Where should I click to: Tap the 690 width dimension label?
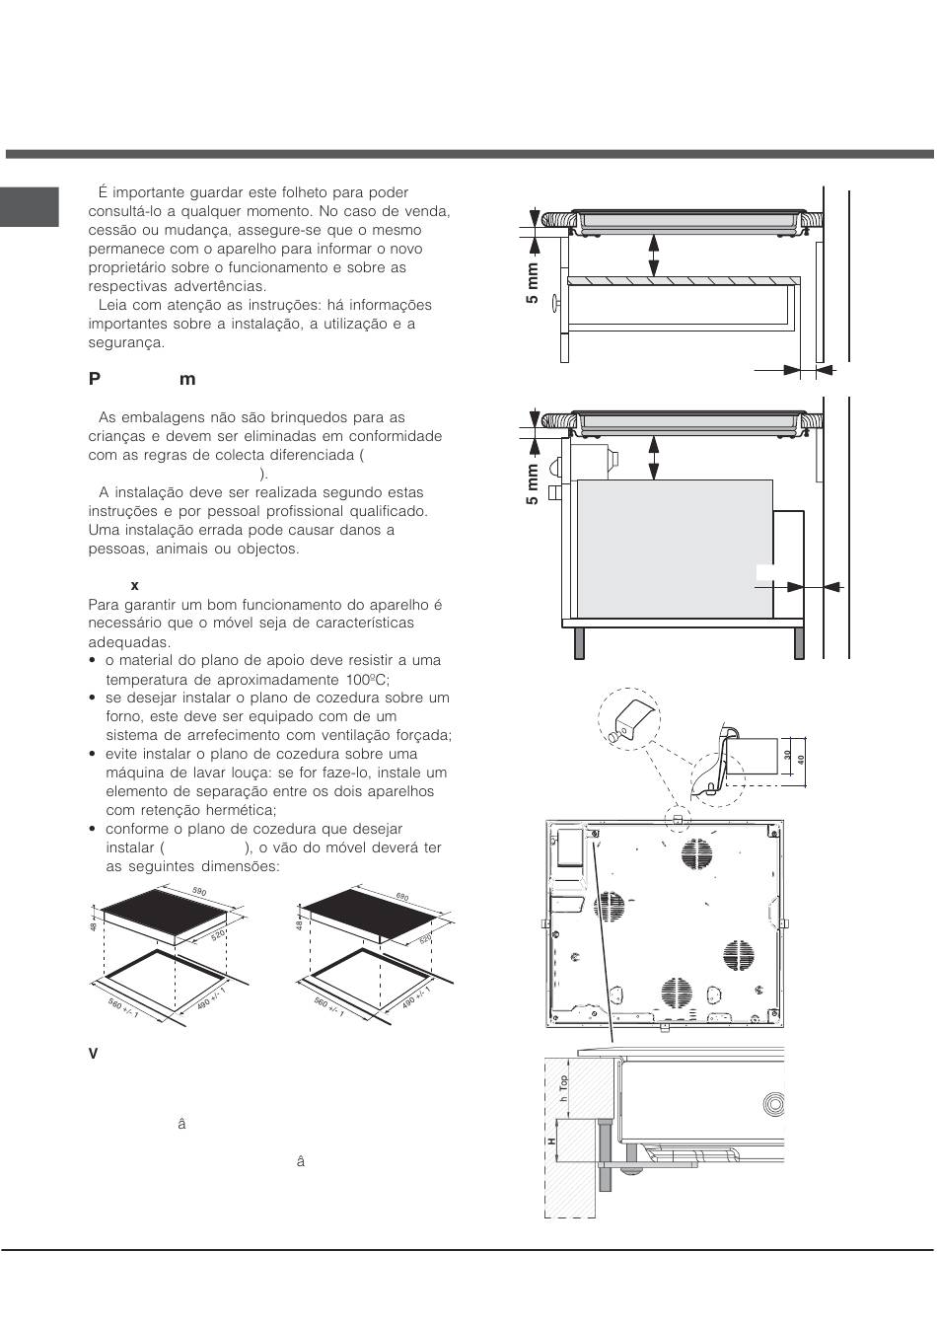click(x=402, y=897)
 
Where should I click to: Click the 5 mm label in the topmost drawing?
click(x=533, y=284)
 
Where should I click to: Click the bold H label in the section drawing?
click(x=552, y=1141)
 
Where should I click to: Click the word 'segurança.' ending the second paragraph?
click(x=126, y=343)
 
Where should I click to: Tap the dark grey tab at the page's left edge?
click(x=30, y=206)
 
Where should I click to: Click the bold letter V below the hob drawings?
click(x=94, y=1055)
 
